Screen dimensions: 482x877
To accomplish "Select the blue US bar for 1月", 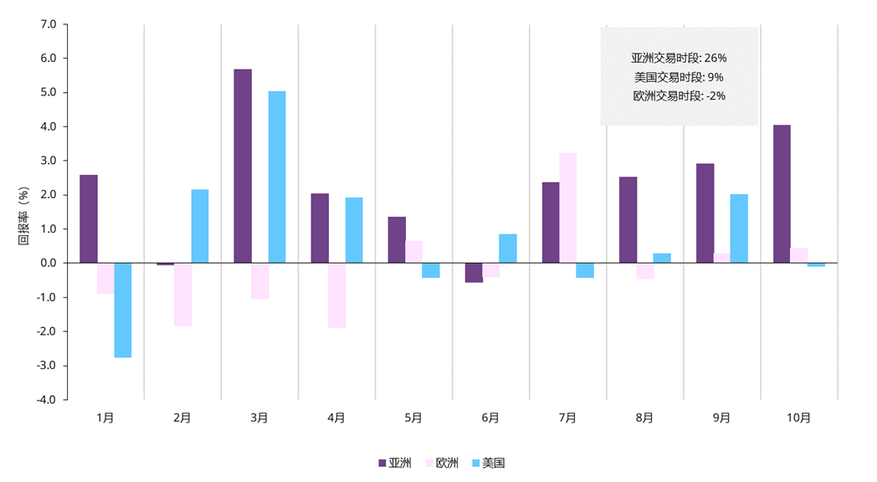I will pyautogui.click(x=123, y=310).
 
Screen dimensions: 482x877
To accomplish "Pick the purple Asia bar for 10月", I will pyautogui.click(x=782, y=193).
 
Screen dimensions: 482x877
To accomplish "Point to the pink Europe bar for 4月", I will pyautogui.click(x=336, y=295).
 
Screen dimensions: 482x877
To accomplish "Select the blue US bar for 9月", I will pyautogui.click(x=739, y=228).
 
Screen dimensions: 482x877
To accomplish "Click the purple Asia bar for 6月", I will pyautogui.click(x=474, y=273).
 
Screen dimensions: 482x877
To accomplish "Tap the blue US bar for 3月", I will pyautogui.click(x=277, y=177).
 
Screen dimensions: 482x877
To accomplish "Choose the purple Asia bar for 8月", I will pyautogui.click(x=628, y=219).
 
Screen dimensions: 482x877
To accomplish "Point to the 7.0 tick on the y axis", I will pyautogui.click(x=47, y=24).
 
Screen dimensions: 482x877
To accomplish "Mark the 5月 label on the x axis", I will pyautogui.click(x=413, y=418).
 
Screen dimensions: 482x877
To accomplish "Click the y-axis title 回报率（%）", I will pyautogui.click(x=23, y=215).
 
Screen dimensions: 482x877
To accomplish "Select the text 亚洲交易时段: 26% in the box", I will pyautogui.click(x=679, y=59).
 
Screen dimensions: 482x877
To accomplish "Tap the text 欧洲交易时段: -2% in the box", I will pyautogui.click(x=679, y=95).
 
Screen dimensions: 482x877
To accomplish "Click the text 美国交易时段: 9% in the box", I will pyautogui.click(x=679, y=77).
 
